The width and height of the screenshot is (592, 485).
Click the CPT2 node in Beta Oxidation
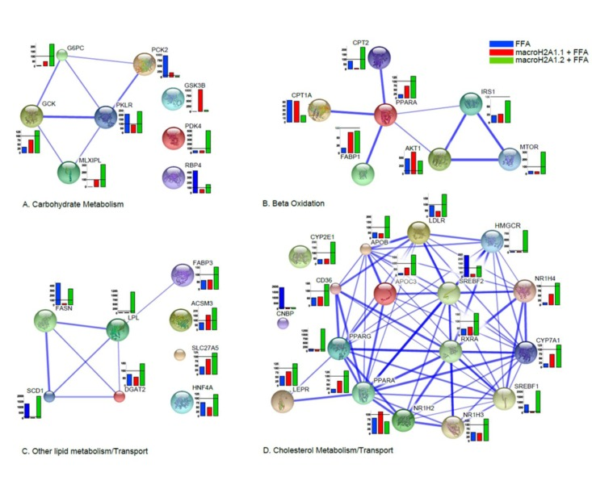(380, 57)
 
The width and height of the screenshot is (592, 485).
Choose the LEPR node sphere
(283, 398)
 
